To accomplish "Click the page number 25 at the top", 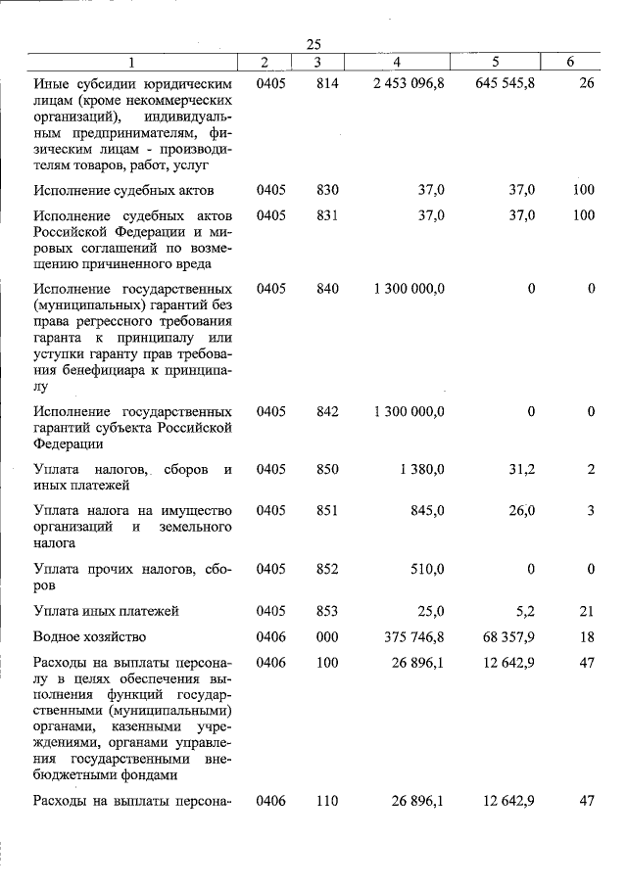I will (x=313, y=44).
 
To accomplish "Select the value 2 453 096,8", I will (x=409, y=84).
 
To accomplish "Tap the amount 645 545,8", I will (x=505, y=84).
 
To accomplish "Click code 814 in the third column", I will (x=327, y=84).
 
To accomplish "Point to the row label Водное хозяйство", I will (x=90, y=636).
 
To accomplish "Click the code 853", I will (x=327, y=611).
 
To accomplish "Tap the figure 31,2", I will (x=519, y=469).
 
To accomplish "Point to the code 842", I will (x=327, y=411).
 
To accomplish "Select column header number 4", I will (x=396, y=63).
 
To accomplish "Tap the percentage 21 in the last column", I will (x=587, y=611).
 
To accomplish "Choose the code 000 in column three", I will (x=327, y=636).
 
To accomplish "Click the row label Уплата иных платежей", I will (x=106, y=611).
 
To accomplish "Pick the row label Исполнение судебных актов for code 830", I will (x=123, y=190).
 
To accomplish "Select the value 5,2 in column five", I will (x=524, y=611).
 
